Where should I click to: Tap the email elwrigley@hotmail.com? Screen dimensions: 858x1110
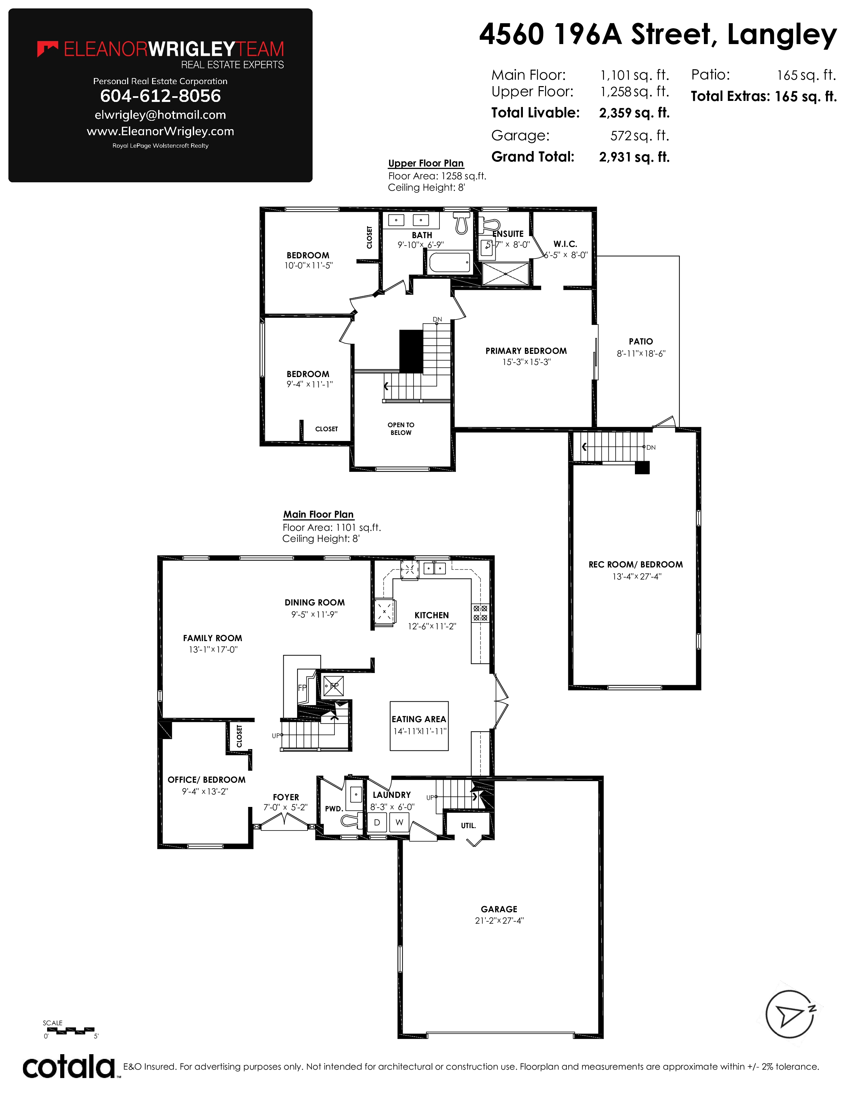click(160, 115)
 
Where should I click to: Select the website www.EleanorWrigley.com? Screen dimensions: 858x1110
click(160, 131)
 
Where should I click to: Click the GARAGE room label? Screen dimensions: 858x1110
click(499, 909)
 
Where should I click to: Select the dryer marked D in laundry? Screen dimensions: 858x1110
click(377, 822)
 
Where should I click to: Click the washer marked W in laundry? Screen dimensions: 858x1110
click(399, 822)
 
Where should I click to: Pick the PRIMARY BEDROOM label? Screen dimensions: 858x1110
click(526, 351)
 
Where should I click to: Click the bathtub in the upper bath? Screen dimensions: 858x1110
click(450, 263)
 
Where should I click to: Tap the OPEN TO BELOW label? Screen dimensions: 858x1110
click(401, 429)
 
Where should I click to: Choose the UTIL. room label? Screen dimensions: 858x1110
click(468, 826)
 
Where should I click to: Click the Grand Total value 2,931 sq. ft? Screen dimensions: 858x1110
click(634, 157)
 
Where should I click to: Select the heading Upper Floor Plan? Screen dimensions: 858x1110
click(426, 163)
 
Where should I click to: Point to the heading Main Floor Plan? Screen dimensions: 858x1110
click(318, 514)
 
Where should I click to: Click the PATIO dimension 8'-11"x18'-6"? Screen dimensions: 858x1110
click(641, 353)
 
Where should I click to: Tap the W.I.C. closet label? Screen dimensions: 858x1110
click(565, 244)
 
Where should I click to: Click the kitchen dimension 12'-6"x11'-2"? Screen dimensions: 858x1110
click(432, 626)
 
